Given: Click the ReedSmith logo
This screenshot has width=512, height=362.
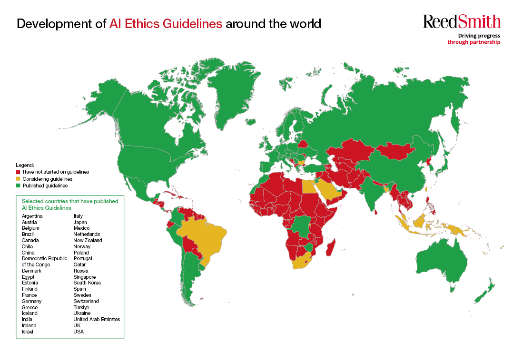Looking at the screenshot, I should coord(462,21).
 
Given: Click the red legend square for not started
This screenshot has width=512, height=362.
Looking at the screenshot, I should coord(18,172).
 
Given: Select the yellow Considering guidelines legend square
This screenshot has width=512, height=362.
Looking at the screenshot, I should coord(18,179).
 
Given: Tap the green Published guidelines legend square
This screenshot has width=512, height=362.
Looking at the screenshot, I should coord(18,186).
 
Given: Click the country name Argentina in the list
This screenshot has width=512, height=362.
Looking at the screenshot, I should coord(32,216).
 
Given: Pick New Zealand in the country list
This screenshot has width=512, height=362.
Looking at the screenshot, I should coord(88,240).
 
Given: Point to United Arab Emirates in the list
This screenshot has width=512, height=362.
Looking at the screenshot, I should coord(97,319).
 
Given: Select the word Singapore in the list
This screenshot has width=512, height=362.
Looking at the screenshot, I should coord(85,277).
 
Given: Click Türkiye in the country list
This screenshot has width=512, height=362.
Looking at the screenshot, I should coord(81,307).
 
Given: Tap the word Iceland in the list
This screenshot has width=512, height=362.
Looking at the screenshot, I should coord(30,313).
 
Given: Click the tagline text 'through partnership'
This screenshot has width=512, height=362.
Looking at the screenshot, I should coord(473,42).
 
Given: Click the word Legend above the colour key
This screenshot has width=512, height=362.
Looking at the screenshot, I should coord(25,165).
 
